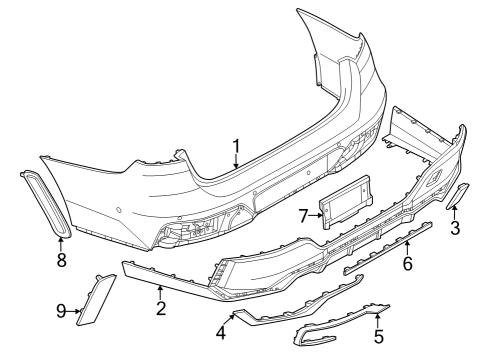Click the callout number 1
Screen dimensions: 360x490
tap(236, 147)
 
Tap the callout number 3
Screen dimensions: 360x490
tap(455, 229)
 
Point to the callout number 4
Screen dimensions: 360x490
tap(221, 330)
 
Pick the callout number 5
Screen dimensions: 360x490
tap(377, 336)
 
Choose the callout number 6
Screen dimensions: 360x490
tap(407, 264)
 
